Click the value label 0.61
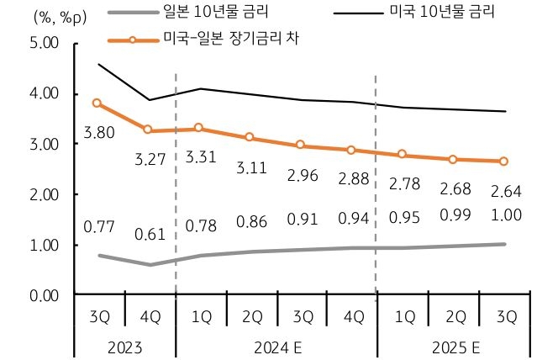(x=150, y=233)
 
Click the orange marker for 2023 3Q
(x=97, y=103)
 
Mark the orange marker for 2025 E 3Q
(x=503, y=161)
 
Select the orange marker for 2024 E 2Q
(x=250, y=137)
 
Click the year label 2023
(x=124, y=346)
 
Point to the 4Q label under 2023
(x=149, y=317)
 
